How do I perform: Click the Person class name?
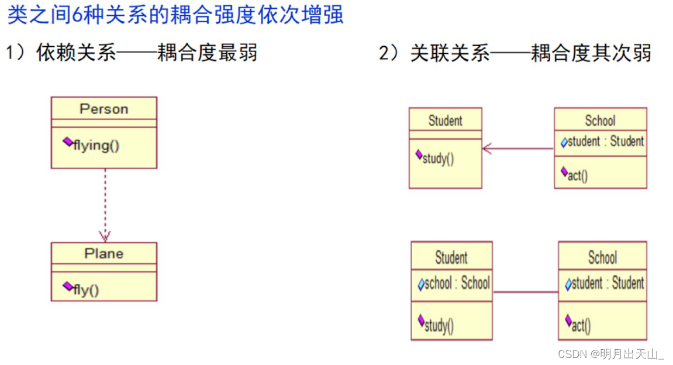point(103,109)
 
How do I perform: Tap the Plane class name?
point(103,253)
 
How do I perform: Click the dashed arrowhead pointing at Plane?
point(105,236)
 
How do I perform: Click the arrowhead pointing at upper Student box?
point(488,149)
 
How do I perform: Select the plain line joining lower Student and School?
point(525,292)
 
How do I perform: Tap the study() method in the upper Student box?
point(438,159)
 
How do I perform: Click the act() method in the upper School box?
point(578,175)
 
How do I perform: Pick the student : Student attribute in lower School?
point(608,284)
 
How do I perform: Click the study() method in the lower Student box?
point(438,325)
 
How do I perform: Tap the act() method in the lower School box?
point(581,325)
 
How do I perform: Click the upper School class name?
point(600,120)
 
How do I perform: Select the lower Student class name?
point(451,257)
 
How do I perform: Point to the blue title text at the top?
point(175,15)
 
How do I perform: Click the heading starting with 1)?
point(132,53)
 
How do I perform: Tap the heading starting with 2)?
point(515,53)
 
